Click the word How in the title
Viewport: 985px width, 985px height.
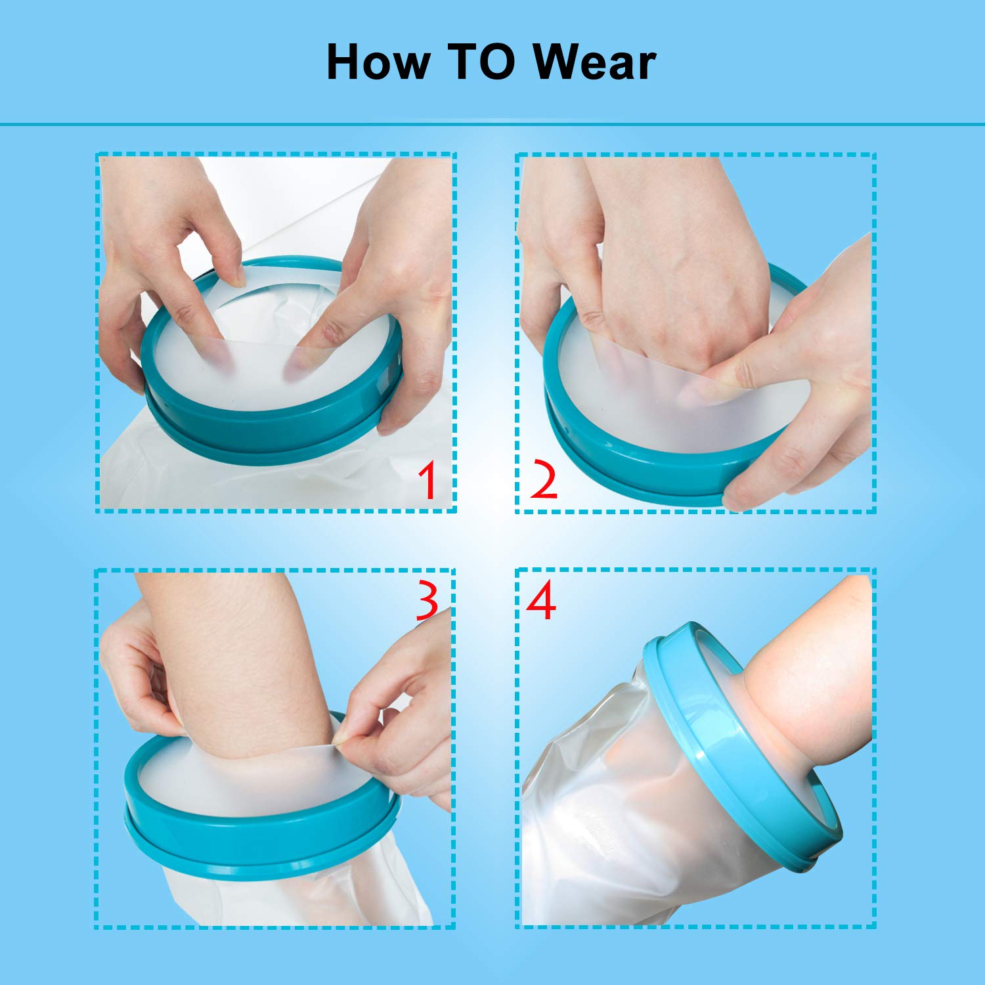tap(378, 62)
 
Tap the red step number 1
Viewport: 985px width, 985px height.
tap(429, 480)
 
